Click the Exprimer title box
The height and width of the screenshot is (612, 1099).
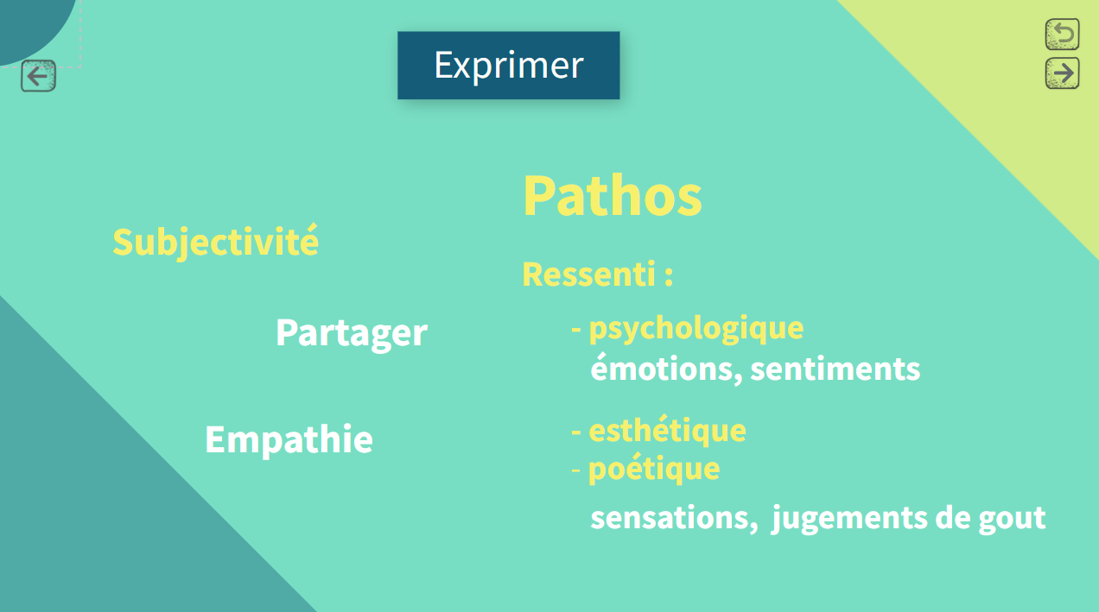pyautogui.click(x=508, y=65)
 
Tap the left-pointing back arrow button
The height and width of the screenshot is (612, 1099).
pyautogui.click(x=38, y=76)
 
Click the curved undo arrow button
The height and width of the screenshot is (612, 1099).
pyautogui.click(x=1062, y=35)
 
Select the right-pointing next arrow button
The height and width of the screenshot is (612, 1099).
pyautogui.click(x=1062, y=73)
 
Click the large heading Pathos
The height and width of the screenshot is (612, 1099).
pyautogui.click(x=613, y=195)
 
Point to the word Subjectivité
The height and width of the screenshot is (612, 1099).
pyautogui.click(x=215, y=242)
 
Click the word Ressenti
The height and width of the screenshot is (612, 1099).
pyautogui.click(x=588, y=274)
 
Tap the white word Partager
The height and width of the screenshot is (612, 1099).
pyautogui.click(x=352, y=333)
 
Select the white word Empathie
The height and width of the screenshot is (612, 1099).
pyautogui.click(x=289, y=439)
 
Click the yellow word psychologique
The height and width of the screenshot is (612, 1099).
pyautogui.click(x=696, y=329)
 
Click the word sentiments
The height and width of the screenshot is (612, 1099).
pyautogui.click(x=835, y=369)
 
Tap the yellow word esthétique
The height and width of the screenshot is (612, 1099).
pyautogui.click(x=667, y=431)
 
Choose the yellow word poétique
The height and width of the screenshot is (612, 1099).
pyautogui.click(x=654, y=469)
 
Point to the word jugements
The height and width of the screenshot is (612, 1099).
pyautogui.click(x=849, y=519)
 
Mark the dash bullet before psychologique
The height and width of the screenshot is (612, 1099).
pyautogui.click(x=576, y=329)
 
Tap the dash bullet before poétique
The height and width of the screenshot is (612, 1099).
pyautogui.click(x=576, y=470)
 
